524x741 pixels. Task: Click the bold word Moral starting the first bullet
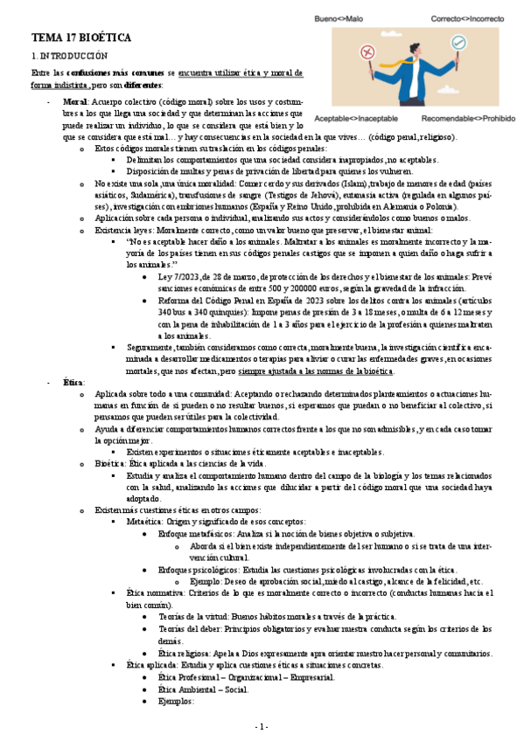[x=75, y=102]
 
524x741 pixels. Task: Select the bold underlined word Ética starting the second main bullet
[x=74, y=383]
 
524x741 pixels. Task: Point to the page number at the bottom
[x=261, y=727]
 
